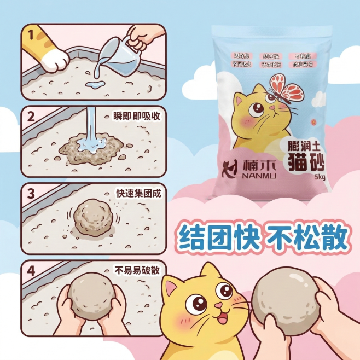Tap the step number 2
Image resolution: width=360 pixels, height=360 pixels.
click(x=31, y=117)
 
